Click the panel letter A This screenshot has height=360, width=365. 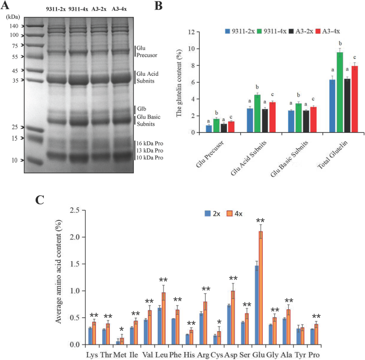coord(7,6)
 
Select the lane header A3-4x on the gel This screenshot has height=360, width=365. coord(119,9)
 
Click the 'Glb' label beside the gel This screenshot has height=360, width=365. coord(141,108)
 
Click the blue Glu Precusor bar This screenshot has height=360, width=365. coord(208,129)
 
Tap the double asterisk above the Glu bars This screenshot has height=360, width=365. coord(261,220)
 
